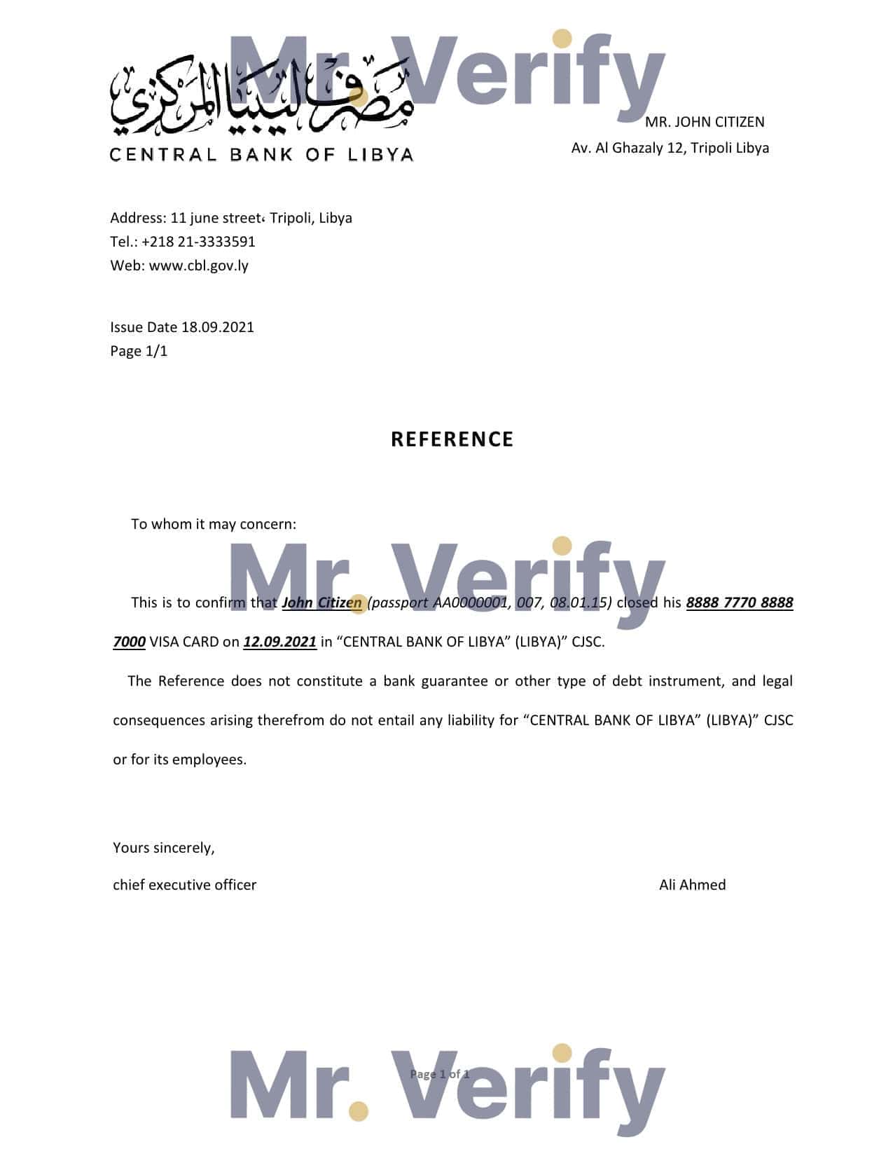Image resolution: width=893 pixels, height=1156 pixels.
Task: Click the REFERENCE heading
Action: [452, 439]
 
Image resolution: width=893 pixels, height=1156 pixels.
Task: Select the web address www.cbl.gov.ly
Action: [199, 266]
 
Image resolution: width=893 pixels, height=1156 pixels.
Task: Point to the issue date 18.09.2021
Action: [217, 327]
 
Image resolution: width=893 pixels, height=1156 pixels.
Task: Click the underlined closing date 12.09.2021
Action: [279, 642]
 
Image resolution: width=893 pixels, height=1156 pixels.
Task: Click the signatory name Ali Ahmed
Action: [692, 885]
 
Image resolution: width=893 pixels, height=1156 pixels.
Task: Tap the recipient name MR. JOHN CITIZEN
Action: [705, 122]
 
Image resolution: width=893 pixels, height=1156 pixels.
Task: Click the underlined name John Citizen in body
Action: [321, 603]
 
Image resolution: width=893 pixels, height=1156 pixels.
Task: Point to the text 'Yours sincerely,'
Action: [164, 848]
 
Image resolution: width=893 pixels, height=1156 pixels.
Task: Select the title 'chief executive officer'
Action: [185, 885]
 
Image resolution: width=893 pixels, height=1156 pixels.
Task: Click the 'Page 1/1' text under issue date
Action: [139, 351]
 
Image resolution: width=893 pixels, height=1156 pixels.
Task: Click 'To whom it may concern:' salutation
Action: [214, 524]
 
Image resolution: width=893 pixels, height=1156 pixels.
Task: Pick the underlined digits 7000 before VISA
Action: [129, 642]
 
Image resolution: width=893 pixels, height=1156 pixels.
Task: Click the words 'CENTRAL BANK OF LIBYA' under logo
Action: [262, 155]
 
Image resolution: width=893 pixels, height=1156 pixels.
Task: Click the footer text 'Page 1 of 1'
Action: [439, 1074]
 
